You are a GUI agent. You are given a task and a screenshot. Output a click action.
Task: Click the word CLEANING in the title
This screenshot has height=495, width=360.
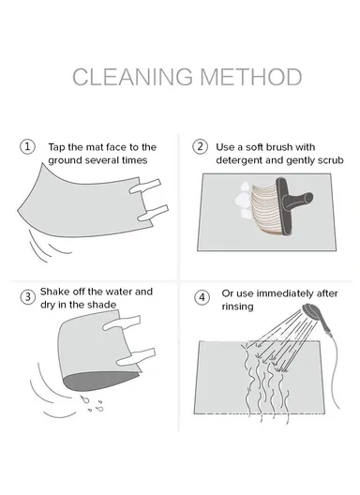(132, 77)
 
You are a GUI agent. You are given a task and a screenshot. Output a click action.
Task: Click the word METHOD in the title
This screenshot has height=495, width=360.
(251, 77)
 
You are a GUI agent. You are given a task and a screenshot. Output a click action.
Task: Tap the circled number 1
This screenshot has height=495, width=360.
(27, 147)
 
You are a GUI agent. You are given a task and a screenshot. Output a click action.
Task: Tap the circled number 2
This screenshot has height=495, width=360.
(201, 147)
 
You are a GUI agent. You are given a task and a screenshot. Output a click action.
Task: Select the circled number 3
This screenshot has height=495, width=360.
(28, 297)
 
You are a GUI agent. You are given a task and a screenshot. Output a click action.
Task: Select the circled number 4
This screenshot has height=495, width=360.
(202, 297)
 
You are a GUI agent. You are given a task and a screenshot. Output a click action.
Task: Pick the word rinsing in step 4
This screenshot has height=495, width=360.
(237, 307)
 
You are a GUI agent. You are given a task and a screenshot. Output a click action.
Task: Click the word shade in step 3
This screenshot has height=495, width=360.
(102, 305)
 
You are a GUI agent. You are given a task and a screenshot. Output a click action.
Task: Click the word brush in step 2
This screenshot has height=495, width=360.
(279, 147)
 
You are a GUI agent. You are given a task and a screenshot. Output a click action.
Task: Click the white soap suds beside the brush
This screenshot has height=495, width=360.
(244, 200)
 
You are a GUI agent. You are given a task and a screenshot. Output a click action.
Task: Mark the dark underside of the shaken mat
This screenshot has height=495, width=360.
(99, 381)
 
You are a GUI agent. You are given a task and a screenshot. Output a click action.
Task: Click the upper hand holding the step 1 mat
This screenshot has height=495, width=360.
(145, 187)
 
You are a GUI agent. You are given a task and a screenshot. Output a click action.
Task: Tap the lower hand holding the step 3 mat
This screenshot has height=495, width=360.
(136, 357)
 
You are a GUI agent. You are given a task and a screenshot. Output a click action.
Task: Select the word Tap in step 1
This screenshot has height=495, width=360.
(57, 147)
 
